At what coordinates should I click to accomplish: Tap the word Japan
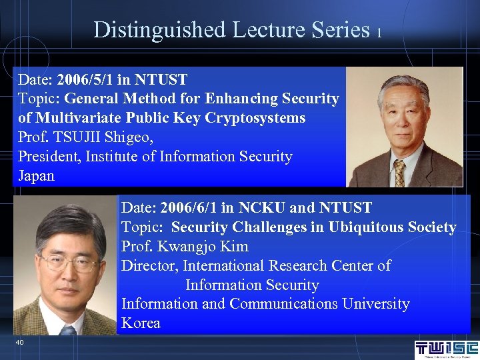[36, 176]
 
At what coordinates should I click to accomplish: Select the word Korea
[141, 323]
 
